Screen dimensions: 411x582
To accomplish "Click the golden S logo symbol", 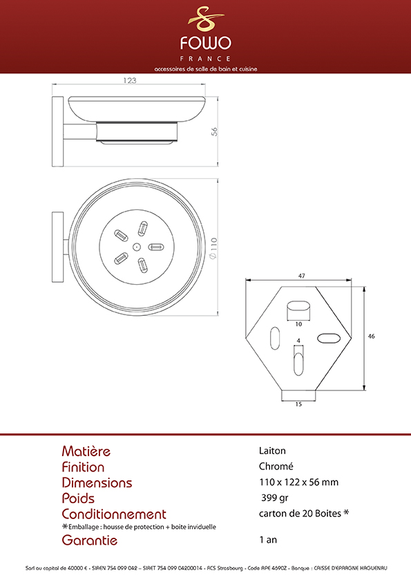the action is click(206, 19).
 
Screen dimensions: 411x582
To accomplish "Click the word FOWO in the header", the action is click(206, 43).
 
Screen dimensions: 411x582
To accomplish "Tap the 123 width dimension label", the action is click(130, 80).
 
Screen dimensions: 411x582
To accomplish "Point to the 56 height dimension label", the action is click(214, 131).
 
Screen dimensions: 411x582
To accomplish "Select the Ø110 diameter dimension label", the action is click(213, 248).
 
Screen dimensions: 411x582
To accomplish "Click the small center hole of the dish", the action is click(137, 247).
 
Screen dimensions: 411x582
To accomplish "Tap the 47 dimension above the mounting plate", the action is click(302, 276).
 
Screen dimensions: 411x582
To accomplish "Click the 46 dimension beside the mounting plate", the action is click(372, 337).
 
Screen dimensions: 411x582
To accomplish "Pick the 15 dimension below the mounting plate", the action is click(298, 404).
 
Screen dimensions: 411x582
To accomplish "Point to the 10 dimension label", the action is click(298, 324).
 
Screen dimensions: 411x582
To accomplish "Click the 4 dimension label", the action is click(298, 341).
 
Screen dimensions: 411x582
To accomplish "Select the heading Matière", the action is click(86, 451).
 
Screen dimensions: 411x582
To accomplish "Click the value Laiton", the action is click(272, 451).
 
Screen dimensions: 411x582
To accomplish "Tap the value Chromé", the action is click(276, 466).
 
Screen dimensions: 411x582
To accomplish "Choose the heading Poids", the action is click(78, 498).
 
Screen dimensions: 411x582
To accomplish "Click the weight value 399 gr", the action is click(274, 498).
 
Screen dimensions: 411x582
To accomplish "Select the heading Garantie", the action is click(89, 540).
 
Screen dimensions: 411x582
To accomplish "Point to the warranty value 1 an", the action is click(268, 540).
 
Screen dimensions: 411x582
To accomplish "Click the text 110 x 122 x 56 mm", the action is click(298, 482).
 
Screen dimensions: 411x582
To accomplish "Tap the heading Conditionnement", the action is click(114, 514).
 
